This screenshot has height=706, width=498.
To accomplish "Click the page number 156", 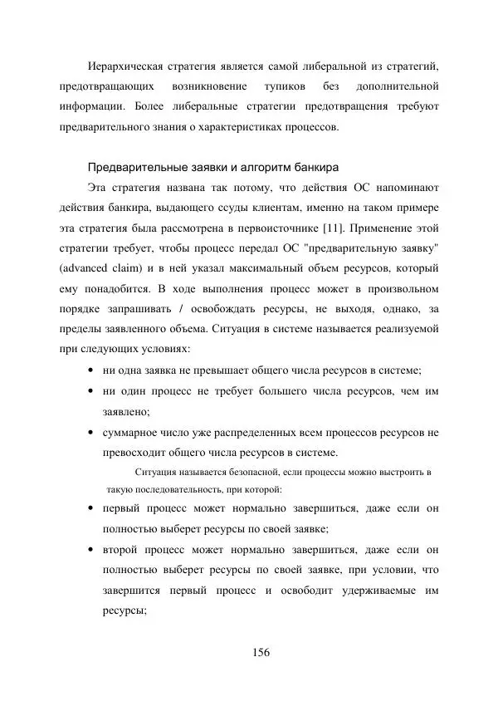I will point(261,652).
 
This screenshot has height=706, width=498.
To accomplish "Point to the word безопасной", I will point(231,472).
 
